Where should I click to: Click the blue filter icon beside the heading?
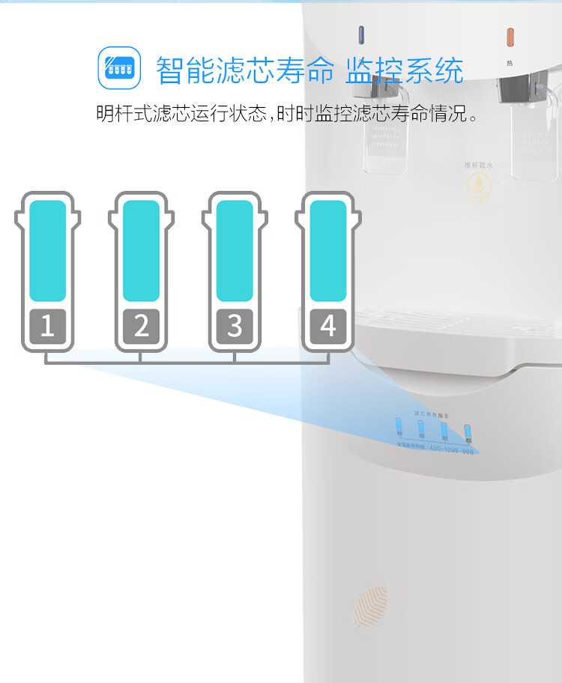(120, 68)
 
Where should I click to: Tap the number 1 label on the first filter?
(47, 327)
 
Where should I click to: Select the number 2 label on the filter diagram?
(141, 327)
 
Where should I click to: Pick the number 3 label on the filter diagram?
(235, 327)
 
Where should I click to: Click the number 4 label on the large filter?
(328, 327)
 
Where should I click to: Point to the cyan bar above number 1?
(47, 251)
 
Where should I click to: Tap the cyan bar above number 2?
(141, 251)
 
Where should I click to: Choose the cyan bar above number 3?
(235, 251)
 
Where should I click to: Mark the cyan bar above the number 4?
(328, 251)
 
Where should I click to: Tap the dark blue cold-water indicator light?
(361, 35)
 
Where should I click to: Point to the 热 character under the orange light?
(510, 63)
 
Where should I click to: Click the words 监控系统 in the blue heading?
(404, 70)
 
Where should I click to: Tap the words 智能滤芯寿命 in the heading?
(244, 70)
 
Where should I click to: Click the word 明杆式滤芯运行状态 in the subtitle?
(182, 115)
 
